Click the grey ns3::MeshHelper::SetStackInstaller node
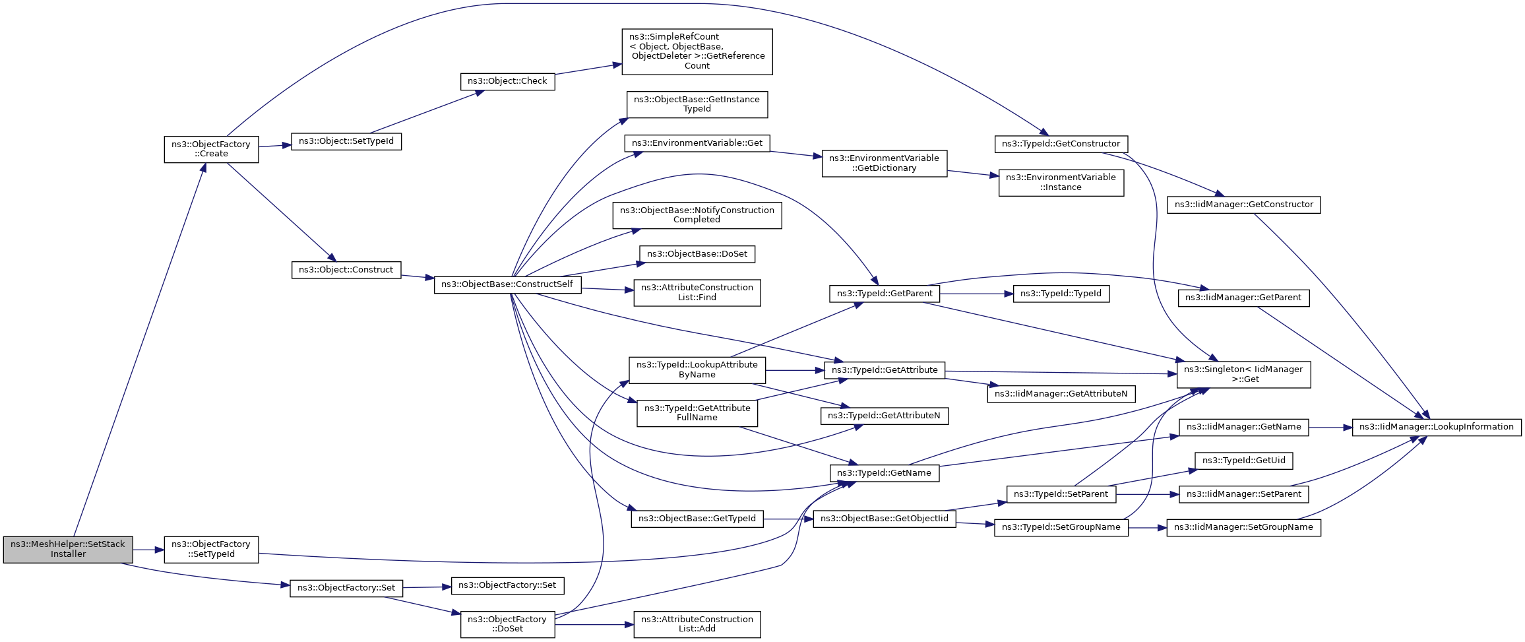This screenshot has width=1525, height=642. click(68, 550)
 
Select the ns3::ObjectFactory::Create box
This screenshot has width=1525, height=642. click(211, 149)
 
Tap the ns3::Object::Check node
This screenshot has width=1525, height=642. click(507, 81)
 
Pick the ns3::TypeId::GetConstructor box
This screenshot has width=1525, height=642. click(1061, 144)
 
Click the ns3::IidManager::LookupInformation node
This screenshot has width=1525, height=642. click(1437, 427)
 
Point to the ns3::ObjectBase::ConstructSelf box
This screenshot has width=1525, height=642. click(508, 284)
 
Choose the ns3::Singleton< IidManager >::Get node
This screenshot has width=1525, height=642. click(1243, 374)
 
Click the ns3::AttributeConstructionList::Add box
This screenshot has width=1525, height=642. click(697, 624)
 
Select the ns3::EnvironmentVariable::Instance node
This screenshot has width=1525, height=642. click(1061, 182)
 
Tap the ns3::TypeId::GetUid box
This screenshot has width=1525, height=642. click(1244, 461)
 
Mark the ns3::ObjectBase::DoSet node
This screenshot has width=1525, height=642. click(697, 254)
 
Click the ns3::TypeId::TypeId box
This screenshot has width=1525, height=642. click(1061, 294)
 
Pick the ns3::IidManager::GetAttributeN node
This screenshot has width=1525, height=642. click(1061, 394)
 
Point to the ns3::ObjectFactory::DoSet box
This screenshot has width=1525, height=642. click(507, 624)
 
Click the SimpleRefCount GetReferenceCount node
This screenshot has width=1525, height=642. click(697, 51)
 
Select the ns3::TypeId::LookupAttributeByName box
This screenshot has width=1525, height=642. click(697, 369)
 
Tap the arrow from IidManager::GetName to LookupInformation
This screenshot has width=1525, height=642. click(1330, 428)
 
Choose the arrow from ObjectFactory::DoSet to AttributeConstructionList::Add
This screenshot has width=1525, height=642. click(594, 624)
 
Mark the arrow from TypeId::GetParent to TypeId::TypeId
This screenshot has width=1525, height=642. click(976, 294)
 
